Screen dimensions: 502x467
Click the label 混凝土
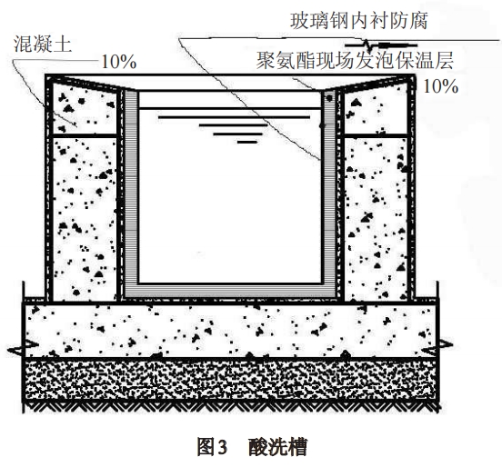pos(42,45)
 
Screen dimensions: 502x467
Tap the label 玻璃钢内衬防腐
pos(359,21)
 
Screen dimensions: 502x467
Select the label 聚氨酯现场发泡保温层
pos(355,60)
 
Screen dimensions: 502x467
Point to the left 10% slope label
pos(119,62)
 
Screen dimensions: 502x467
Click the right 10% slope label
pos(441,86)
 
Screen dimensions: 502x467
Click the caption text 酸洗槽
pos(278,446)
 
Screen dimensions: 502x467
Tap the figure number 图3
pos(212,446)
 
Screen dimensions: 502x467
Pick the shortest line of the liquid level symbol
pos(247,142)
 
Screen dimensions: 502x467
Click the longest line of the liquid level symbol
pos(234,117)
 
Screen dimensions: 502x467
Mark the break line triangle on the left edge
pos(23,348)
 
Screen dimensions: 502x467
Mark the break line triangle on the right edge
pos(437,347)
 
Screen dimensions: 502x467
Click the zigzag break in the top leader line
pos(368,45)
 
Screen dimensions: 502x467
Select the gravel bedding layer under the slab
pos(230,380)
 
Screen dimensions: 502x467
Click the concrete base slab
pos(230,330)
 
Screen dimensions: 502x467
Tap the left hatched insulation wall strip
pos(131,192)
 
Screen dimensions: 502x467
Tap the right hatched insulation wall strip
pos(329,192)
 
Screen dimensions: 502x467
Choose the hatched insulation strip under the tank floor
pos(230,291)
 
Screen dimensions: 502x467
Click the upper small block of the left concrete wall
pos(84,109)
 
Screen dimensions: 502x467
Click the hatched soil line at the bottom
pos(231,406)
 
